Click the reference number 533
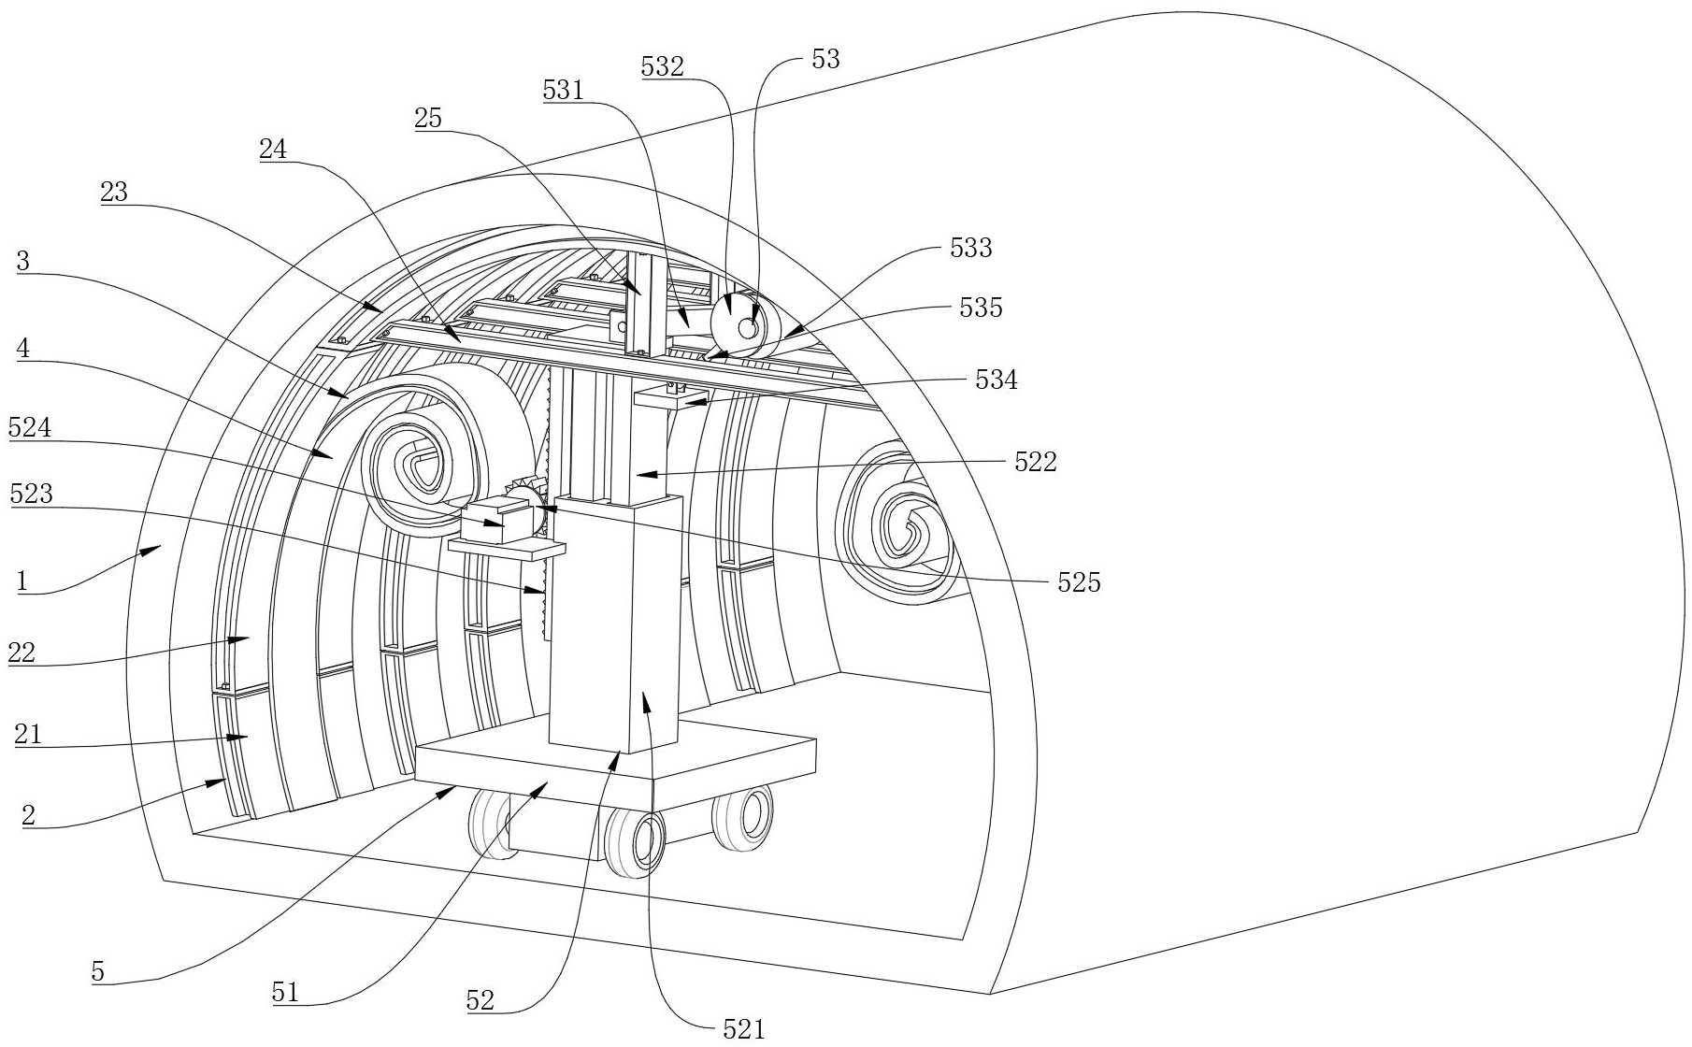coord(970,249)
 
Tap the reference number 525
coord(1079,583)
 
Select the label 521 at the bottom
coord(744,1030)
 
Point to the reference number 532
coord(663,67)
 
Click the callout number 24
coord(274,150)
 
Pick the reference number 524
coord(30,428)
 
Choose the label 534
coord(997,380)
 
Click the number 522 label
coord(1036,462)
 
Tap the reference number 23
coord(114,193)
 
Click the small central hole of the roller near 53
coord(747,328)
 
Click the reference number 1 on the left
coord(22,581)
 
